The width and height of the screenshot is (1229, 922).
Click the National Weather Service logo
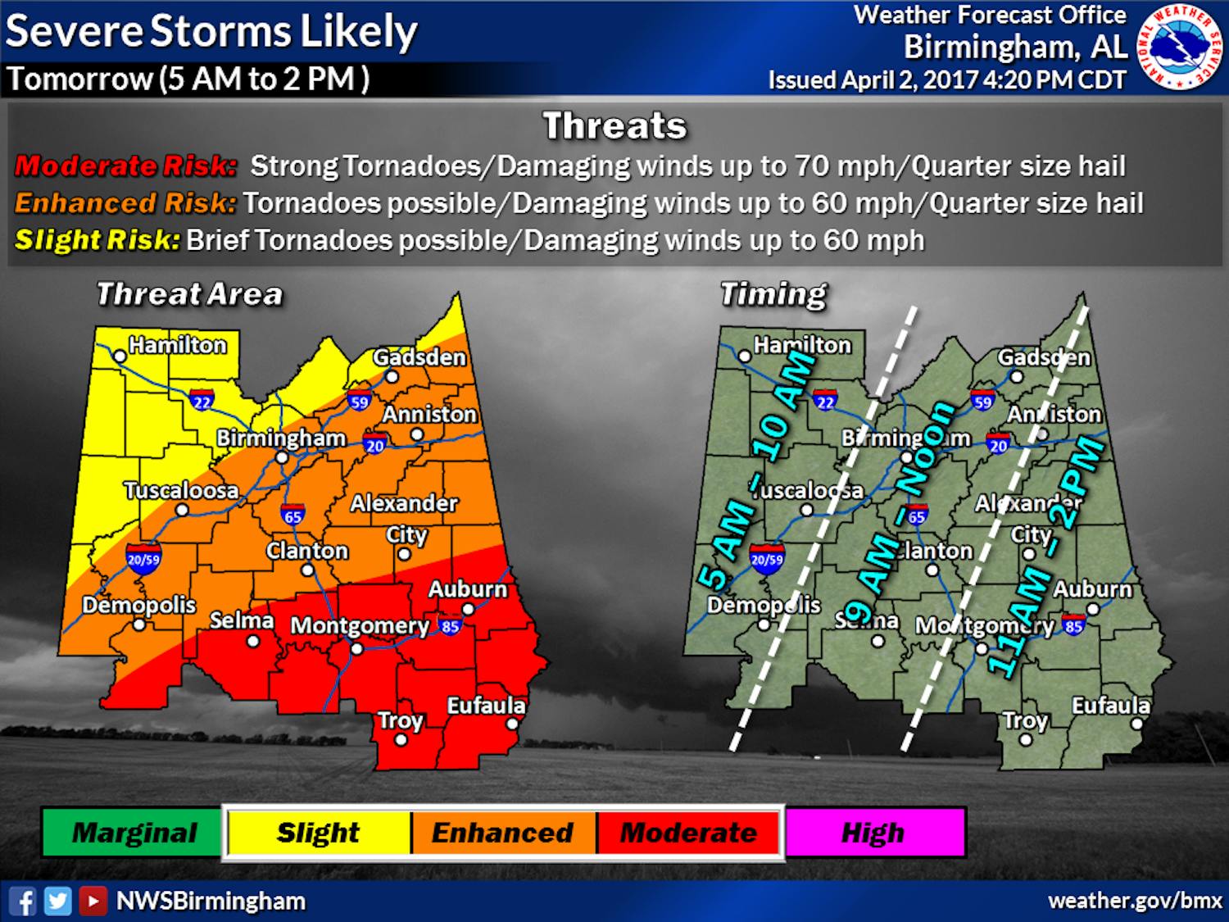[1181, 46]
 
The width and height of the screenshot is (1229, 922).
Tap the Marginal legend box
[133, 833]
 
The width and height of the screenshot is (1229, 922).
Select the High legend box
[874, 833]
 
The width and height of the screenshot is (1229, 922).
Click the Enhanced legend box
[502, 833]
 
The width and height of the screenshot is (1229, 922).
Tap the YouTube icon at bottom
[93, 902]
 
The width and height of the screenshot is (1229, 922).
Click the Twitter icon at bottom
[57, 902]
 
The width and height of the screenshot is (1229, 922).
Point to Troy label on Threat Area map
[400, 720]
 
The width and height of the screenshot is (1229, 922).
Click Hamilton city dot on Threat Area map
[120, 357]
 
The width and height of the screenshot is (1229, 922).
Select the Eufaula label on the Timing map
[1110, 706]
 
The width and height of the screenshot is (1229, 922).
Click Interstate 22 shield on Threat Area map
[202, 401]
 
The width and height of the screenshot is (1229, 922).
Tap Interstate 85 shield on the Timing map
[1073, 626]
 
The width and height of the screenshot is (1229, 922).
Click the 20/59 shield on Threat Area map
[143, 559]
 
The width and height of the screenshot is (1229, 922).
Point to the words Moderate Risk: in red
[125, 166]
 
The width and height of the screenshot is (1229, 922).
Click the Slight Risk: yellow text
[97, 240]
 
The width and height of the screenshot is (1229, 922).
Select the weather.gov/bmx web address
[1135, 901]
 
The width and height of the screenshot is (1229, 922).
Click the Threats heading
[614, 126]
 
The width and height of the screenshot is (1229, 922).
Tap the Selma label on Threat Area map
[241, 620]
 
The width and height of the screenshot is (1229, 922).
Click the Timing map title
[773, 294]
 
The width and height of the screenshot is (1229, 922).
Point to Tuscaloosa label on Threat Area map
[181, 490]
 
